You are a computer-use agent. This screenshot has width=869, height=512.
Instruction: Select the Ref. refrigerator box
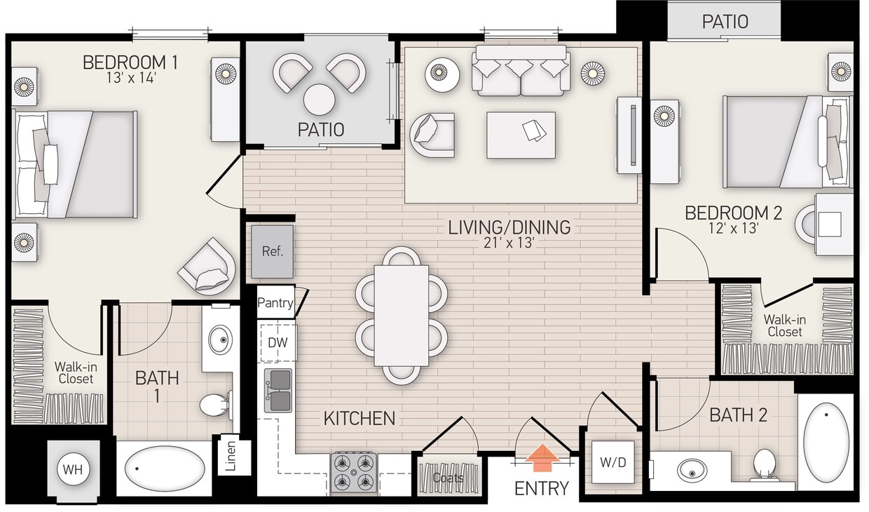tap(273, 251)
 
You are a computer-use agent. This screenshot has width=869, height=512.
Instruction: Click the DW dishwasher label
tap(278, 343)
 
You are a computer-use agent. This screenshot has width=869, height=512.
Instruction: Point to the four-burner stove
tap(354, 472)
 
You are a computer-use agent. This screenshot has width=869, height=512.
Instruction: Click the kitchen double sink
tap(278, 391)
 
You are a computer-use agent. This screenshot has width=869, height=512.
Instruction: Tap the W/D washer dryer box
tap(613, 462)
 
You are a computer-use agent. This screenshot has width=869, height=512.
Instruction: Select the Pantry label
tap(275, 303)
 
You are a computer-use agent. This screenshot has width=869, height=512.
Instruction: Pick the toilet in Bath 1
tap(214, 404)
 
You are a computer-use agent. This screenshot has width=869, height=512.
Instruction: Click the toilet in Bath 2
tap(764, 464)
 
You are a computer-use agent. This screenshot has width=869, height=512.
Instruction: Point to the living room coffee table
tap(521, 135)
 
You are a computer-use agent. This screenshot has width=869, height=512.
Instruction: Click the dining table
tap(401, 315)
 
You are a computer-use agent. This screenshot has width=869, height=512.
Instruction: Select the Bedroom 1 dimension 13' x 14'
tap(130, 78)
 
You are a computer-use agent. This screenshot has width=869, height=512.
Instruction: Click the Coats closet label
tap(448, 478)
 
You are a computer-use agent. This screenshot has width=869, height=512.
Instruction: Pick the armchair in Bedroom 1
tap(207, 267)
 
